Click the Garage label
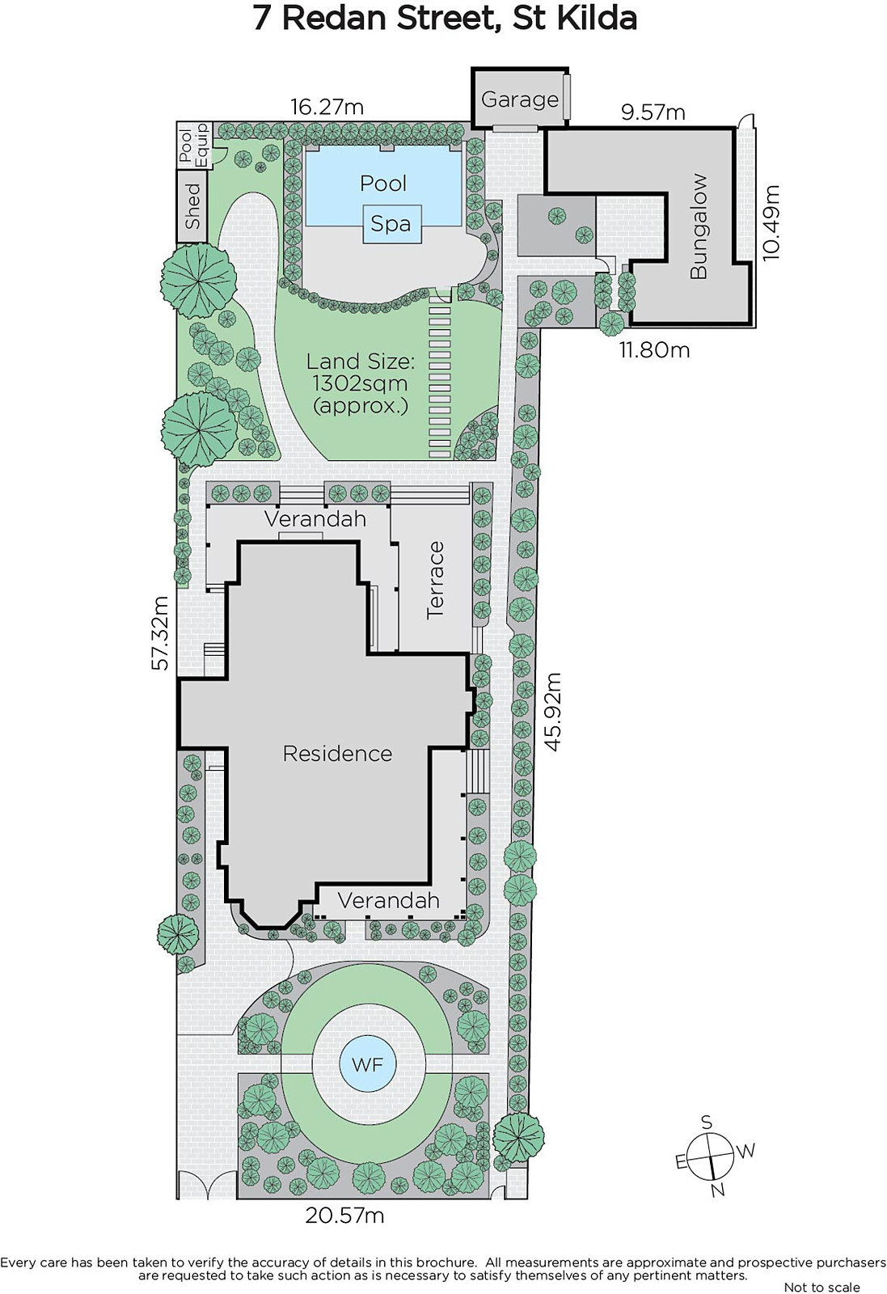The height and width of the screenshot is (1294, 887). click(519, 99)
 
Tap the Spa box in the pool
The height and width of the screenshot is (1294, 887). click(391, 223)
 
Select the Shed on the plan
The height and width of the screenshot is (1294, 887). click(192, 206)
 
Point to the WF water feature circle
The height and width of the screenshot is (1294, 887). click(367, 1064)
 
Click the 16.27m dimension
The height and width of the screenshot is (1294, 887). click(327, 107)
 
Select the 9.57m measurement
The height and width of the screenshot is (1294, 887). click(653, 112)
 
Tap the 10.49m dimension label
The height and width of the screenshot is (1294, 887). click(771, 222)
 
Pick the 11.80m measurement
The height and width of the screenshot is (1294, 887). click(654, 349)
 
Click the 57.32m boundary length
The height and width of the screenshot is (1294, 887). click(159, 633)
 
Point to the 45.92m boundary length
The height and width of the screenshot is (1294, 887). click(552, 711)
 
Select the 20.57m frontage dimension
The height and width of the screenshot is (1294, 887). click(344, 1216)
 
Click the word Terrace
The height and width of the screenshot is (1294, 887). click(435, 580)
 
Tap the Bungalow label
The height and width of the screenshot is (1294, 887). click(699, 226)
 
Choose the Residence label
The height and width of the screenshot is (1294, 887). click(337, 753)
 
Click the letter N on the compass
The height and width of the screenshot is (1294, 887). click(718, 1190)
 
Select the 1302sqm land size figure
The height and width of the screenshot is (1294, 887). click(360, 383)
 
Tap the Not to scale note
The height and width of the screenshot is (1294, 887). click(822, 1287)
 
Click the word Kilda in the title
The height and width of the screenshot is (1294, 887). click(597, 19)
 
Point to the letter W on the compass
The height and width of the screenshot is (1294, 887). click(746, 1151)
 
